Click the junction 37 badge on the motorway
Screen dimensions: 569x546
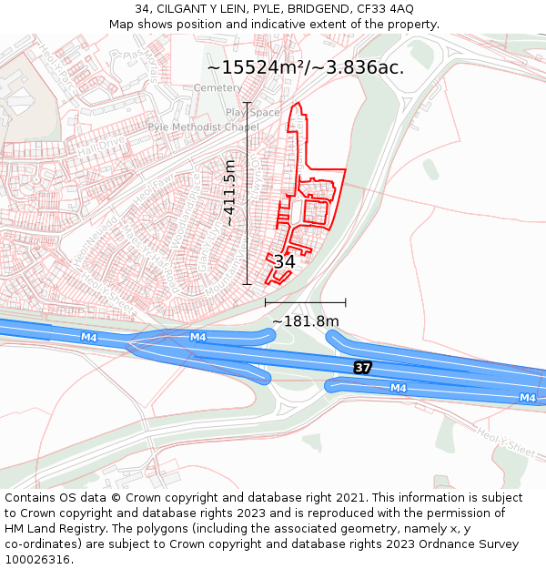[x=363, y=367]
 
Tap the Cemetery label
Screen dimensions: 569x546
[x=218, y=88]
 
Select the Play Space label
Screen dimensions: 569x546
[x=254, y=113]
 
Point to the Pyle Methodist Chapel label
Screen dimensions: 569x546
[x=203, y=127]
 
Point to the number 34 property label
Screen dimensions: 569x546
[x=284, y=261]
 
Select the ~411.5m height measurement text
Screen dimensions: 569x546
[x=230, y=193]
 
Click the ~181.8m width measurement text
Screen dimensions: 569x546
[x=306, y=321]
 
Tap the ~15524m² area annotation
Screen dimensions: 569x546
[x=306, y=67]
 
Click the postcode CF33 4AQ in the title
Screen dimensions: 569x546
[x=386, y=8]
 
